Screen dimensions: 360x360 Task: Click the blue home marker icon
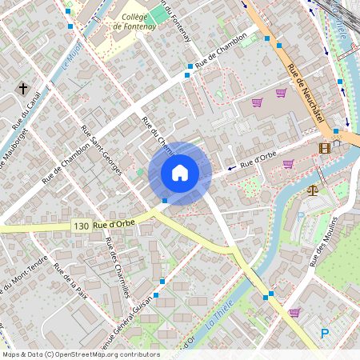[180, 173]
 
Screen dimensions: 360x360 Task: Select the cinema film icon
[324, 147]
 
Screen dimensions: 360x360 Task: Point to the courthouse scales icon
[311, 190]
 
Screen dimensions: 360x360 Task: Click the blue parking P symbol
[325, 334]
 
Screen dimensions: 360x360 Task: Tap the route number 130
[80, 226]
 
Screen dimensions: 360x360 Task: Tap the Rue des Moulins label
[322, 240]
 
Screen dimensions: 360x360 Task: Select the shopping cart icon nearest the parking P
[294, 313]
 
